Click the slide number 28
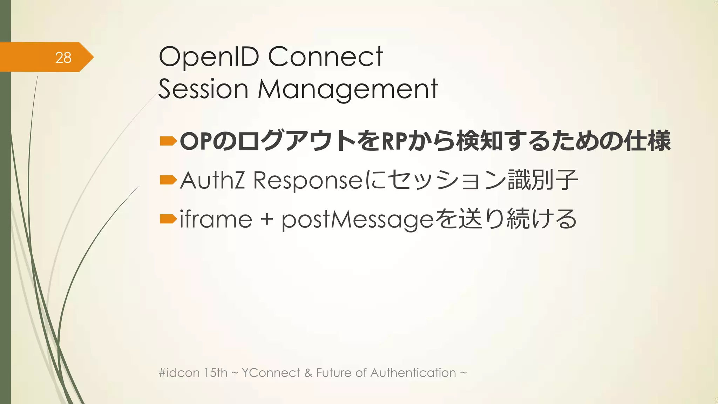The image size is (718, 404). click(x=63, y=58)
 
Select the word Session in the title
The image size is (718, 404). click(x=203, y=89)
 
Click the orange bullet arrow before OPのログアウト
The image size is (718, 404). click(x=168, y=141)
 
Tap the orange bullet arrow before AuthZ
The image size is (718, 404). click(x=168, y=180)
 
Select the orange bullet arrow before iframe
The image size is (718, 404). click(x=168, y=220)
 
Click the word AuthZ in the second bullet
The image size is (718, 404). click(x=212, y=180)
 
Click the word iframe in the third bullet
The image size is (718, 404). click(x=216, y=220)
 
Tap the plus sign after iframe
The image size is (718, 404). click(x=267, y=220)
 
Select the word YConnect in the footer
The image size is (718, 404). click(x=271, y=372)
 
